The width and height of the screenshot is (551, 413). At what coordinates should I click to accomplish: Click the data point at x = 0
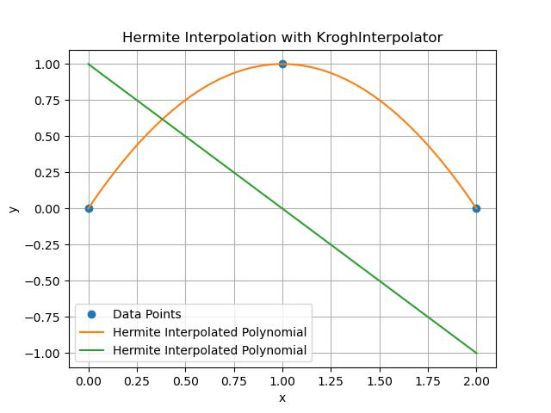click(89, 208)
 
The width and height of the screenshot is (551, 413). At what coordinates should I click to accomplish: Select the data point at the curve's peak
click(282, 64)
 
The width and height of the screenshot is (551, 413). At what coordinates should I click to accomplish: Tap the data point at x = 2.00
click(476, 208)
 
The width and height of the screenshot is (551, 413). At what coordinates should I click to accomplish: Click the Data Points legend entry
click(146, 314)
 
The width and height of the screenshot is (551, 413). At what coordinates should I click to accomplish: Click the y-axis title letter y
click(13, 208)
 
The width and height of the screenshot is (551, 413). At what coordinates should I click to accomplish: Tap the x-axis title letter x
click(282, 398)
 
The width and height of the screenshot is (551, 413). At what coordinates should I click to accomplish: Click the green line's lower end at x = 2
click(476, 353)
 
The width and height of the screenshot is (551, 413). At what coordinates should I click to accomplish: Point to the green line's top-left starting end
click(89, 64)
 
